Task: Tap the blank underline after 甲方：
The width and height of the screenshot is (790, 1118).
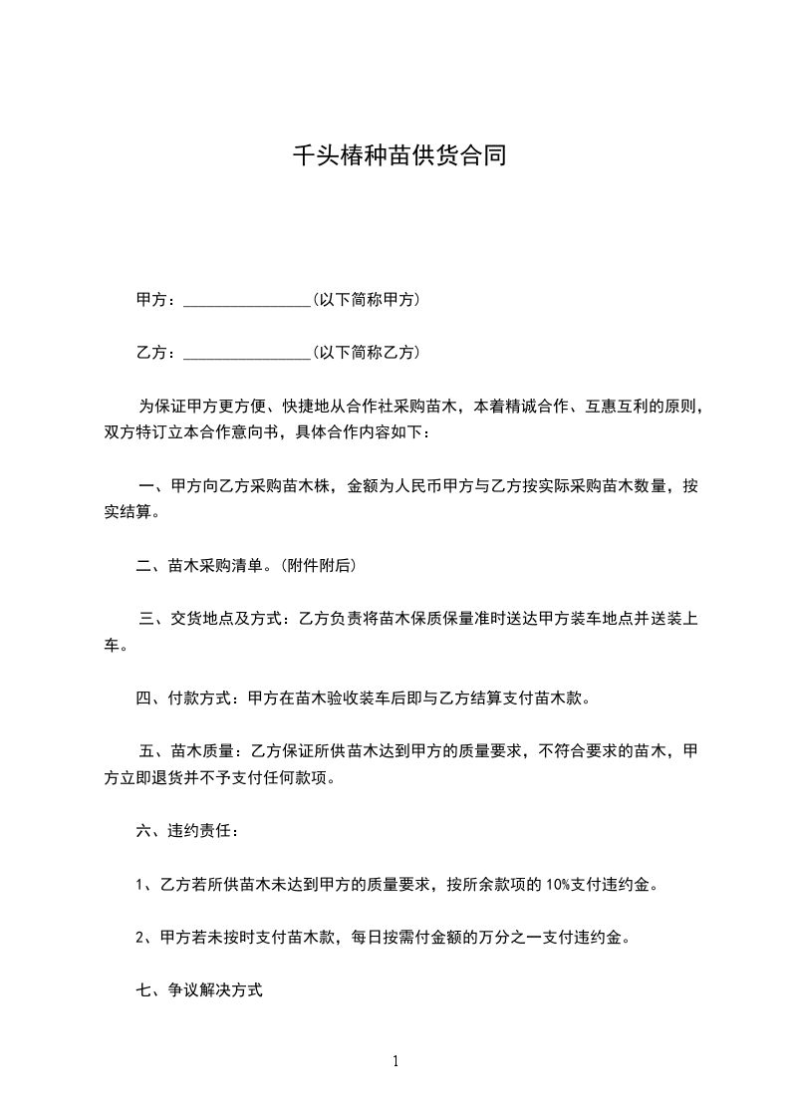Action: point(247,300)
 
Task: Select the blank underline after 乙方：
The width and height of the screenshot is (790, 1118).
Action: point(247,353)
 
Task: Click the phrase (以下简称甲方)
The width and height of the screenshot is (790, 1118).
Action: point(366,299)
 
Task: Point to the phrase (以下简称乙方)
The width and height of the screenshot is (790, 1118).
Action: point(366,352)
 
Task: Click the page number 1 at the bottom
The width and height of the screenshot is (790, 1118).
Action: point(395,1061)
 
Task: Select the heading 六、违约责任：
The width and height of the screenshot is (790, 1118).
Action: point(187,830)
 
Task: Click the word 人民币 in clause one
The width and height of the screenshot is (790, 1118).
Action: point(421,487)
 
